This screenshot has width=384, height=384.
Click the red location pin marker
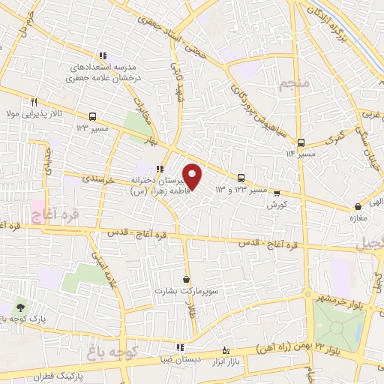click(x=193, y=175)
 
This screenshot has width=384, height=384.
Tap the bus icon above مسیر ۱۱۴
click(x=301, y=142)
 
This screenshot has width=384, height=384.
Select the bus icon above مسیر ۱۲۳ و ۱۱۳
click(x=241, y=178)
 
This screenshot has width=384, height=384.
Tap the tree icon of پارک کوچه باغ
click(x=19, y=307)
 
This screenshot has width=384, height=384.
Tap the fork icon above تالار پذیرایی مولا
click(x=34, y=102)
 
